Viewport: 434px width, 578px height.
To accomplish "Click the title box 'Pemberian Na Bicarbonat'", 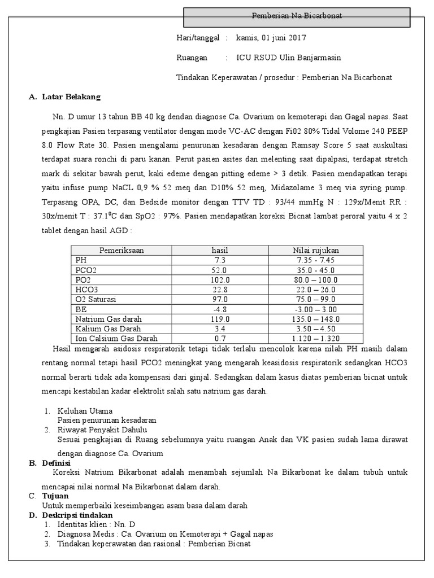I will point(297,16).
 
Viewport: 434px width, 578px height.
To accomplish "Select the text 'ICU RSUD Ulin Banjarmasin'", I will point(288,58).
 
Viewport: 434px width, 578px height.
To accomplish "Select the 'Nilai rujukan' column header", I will point(315,250).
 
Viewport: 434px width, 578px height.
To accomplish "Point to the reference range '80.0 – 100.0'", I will point(315,280).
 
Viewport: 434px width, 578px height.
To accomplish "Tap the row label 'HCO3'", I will point(86,290).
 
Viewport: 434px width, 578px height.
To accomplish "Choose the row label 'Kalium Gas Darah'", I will point(108,329).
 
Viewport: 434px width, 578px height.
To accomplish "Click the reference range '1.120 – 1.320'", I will point(315,339).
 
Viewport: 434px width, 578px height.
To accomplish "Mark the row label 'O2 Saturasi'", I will point(95,299).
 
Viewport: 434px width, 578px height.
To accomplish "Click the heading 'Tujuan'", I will point(55,496).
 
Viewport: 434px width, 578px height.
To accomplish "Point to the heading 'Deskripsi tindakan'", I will point(77,515).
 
